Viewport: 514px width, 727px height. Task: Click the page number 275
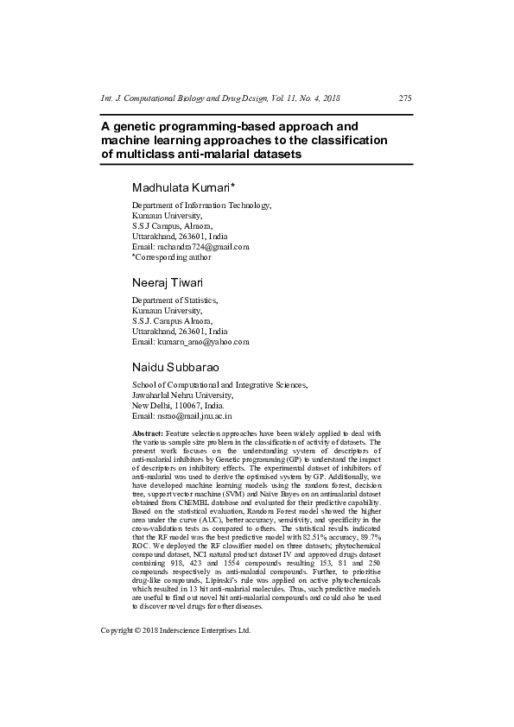click(x=404, y=98)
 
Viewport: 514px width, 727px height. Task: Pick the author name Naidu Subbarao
click(x=176, y=367)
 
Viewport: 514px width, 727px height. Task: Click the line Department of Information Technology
click(x=201, y=205)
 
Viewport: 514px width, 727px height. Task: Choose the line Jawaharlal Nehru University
click(x=176, y=395)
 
